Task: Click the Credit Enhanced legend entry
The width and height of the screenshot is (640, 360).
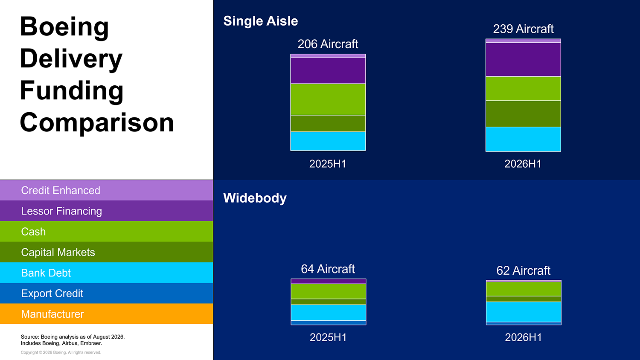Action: pyautogui.click(x=106, y=190)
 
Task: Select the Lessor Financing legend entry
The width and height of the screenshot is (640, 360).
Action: pyautogui.click(x=106, y=211)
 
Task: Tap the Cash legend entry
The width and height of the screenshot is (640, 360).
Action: pyautogui.click(x=106, y=232)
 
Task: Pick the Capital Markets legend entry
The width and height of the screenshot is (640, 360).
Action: pyautogui.click(x=106, y=252)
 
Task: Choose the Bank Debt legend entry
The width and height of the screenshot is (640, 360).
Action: pyautogui.click(x=106, y=273)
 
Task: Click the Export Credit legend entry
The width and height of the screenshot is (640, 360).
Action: pyautogui.click(x=106, y=293)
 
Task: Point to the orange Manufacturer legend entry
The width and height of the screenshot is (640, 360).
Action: pyautogui.click(x=106, y=314)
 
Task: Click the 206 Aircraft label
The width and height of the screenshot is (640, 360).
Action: pyautogui.click(x=328, y=44)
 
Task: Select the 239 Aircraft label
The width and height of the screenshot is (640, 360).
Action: pyautogui.click(x=523, y=29)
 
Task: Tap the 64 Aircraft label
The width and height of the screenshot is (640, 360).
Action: pyautogui.click(x=328, y=269)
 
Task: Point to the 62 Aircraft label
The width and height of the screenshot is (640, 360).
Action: pyautogui.click(x=523, y=270)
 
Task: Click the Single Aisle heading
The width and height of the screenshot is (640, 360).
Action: pyautogui.click(x=261, y=21)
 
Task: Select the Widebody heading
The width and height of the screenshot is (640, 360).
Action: pyautogui.click(x=255, y=198)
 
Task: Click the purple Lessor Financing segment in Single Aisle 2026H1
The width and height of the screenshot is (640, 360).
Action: pyautogui.click(x=523, y=59)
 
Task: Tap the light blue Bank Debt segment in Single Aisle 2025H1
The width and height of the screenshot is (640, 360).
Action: pyautogui.click(x=328, y=141)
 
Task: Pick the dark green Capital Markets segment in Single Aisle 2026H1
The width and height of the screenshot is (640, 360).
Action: pyautogui.click(x=523, y=114)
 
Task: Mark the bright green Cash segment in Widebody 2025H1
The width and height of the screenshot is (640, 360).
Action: pyautogui.click(x=328, y=291)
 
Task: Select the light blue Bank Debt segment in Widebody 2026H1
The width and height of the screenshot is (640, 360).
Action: pyautogui.click(x=524, y=312)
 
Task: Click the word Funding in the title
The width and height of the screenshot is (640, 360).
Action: pyautogui.click(x=71, y=91)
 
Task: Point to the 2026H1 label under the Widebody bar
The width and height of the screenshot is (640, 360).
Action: pyautogui.click(x=523, y=337)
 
